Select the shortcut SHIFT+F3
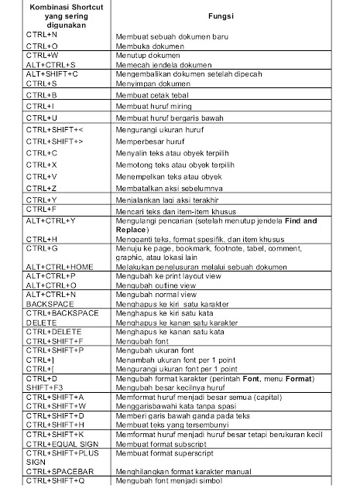point(43,387)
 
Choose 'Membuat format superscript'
point(163,455)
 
